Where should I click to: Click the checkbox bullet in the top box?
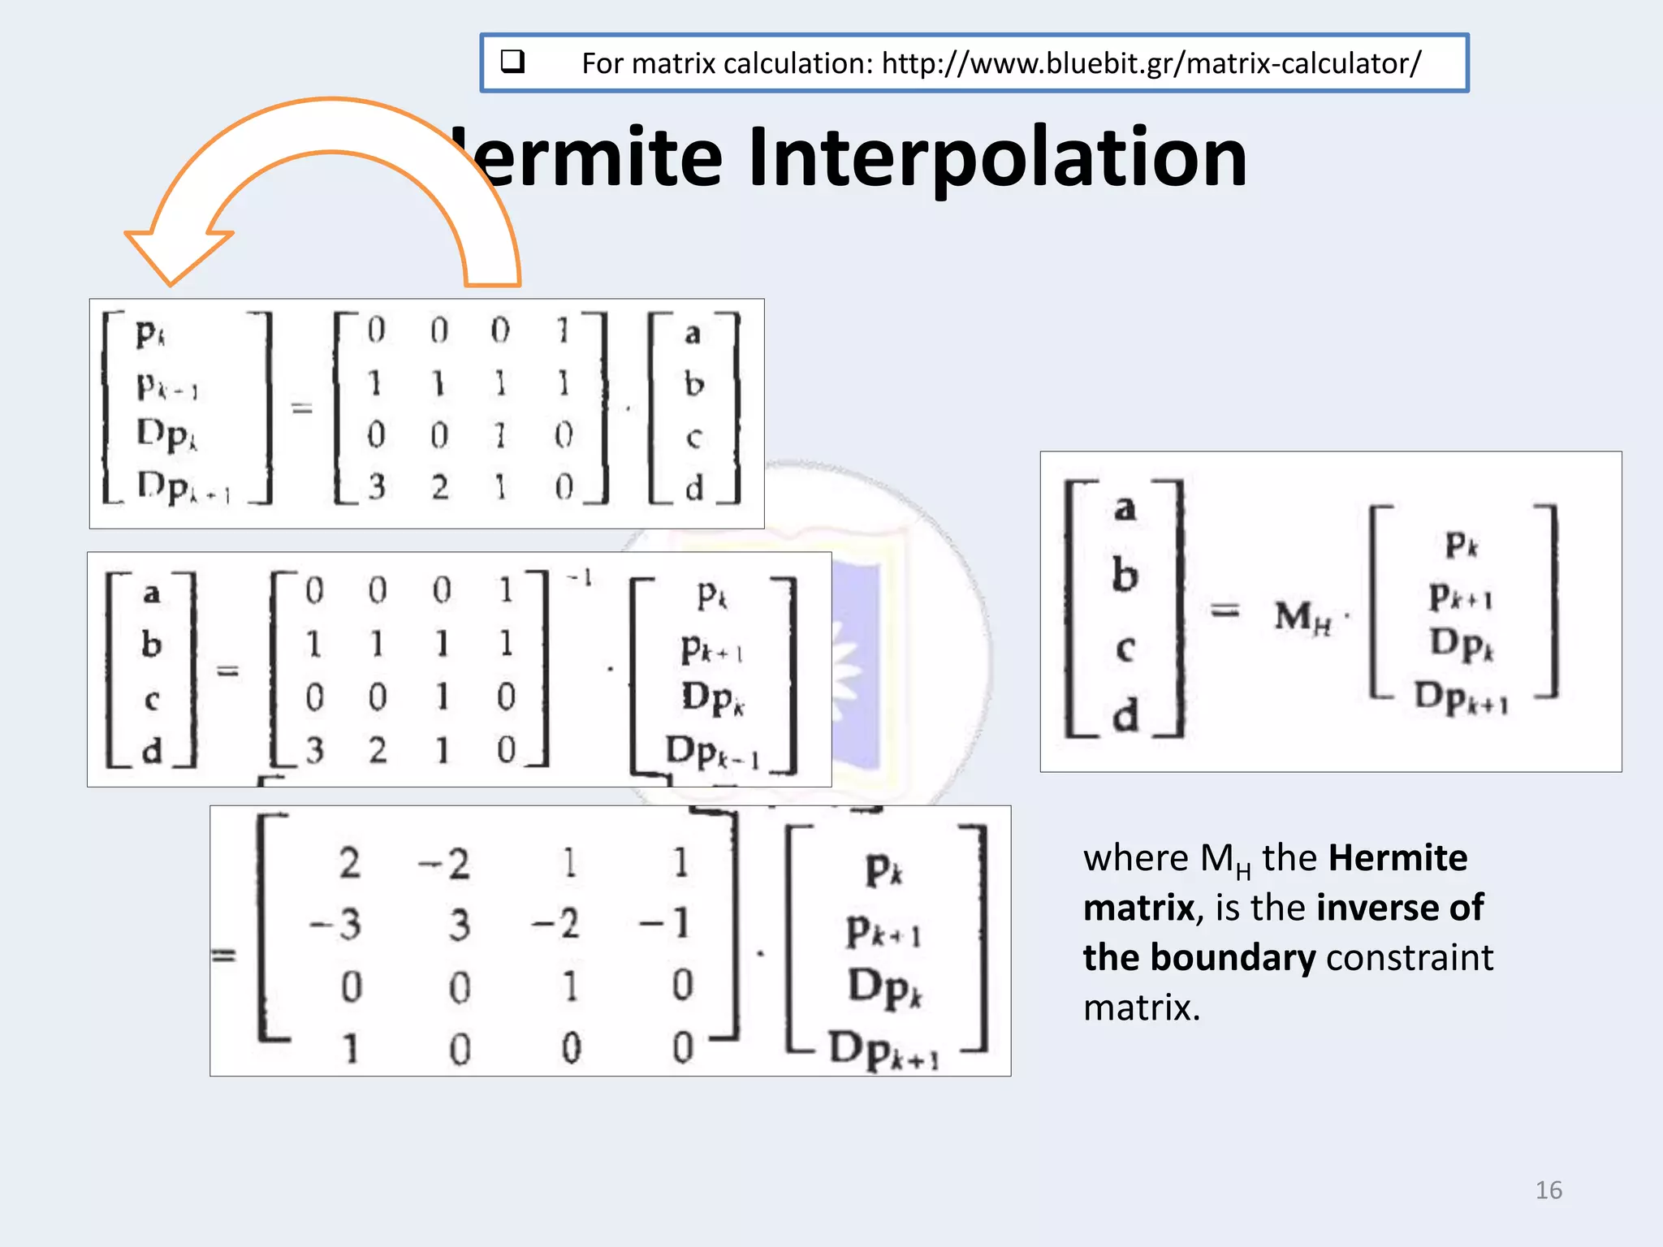[512, 62]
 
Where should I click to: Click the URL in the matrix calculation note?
[1151, 63]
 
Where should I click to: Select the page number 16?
[1548, 1190]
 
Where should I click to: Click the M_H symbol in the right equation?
[1301, 617]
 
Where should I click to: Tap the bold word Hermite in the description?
[1397, 858]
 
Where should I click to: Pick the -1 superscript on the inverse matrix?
[580, 578]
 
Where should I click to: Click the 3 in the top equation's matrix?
[376, 487]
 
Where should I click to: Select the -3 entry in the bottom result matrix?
[336, 924]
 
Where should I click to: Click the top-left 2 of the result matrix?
[350, 862]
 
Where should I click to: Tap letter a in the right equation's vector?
[1124, 509]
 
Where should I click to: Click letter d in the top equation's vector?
[693, 489]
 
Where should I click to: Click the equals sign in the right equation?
[1225, 610]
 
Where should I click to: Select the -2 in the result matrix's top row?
[444, 864]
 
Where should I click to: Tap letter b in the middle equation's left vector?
[152, 645]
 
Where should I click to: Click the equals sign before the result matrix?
[223, 956]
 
